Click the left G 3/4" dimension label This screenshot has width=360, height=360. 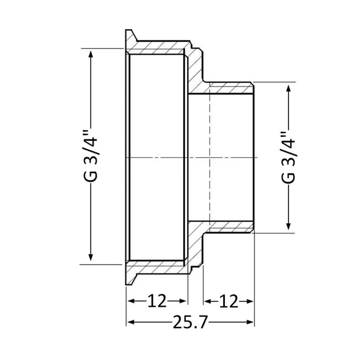(x=90, y=156)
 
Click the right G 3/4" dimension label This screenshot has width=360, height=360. (x=288, y=157)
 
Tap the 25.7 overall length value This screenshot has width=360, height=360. (x=190, y=322)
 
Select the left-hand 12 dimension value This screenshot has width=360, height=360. (x=157, y=301)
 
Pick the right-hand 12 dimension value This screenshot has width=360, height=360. (x=229, y=301)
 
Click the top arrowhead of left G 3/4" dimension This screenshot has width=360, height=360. (x=91, y=55)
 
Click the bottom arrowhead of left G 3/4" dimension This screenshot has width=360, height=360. (x=91, y=257)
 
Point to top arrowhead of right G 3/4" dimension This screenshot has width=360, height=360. (x=289, y=89)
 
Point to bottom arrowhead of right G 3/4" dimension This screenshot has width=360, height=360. (x=289, y=226)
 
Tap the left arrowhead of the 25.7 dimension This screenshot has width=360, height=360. (x=131, y=322)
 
